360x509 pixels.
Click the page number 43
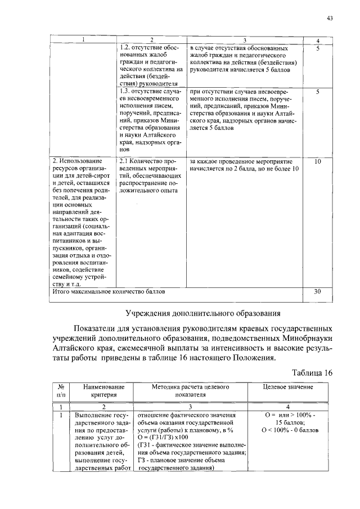pos(330,19)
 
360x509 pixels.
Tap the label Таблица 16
pos(312,372)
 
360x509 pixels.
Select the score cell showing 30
pos(318,292)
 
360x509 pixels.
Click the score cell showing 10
pos(318,161)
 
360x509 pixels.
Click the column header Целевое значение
pos(289,388)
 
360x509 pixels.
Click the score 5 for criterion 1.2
pos(318,49)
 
